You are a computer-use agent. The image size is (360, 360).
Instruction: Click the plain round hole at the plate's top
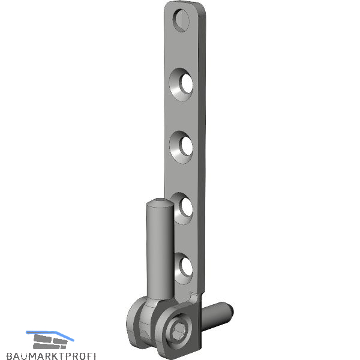181,20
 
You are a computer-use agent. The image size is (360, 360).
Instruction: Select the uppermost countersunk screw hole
181,84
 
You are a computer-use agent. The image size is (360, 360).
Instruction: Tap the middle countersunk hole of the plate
181,147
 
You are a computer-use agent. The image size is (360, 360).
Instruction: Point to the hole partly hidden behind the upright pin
183,208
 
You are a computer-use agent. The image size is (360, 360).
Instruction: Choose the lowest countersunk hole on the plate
184,269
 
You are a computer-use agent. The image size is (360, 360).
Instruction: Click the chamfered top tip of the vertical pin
160,203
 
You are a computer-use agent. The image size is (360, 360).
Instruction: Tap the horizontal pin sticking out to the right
217,315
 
